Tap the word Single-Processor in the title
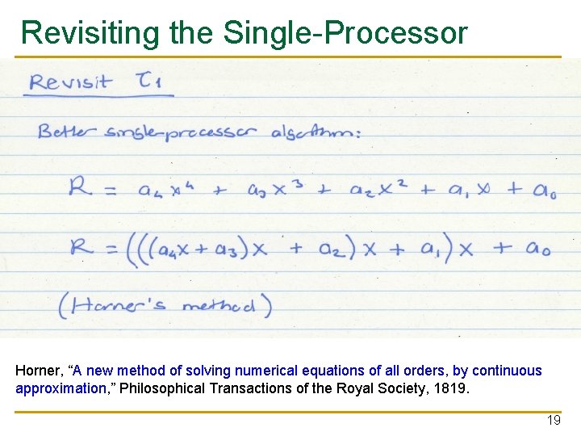(x=345, y=33)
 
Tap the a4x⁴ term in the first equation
(x=165, y=191)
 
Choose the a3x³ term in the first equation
(x=279, y=191)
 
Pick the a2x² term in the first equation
(x=378, y=191)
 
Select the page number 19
(x=554, y=421)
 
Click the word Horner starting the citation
(x=38, y=371)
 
